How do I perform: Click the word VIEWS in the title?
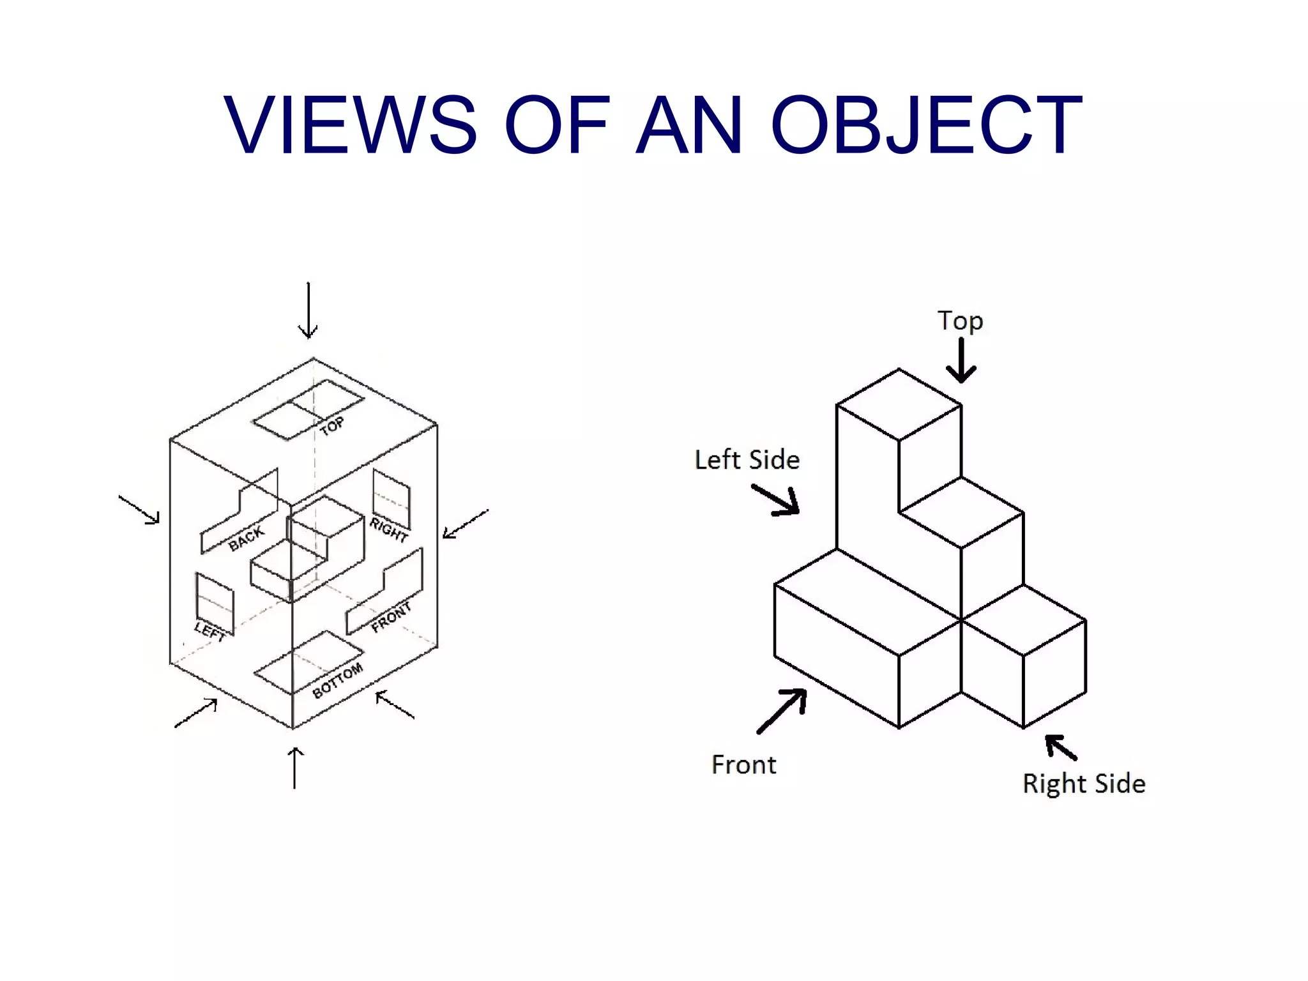pos(350,125)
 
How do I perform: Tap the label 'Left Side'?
pos(747,460)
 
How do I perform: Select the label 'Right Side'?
pos(1084,784)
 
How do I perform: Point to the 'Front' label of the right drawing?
pos(744,764)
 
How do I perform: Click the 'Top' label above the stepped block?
pos(960,321)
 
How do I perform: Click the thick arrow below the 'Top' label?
pos(961,360)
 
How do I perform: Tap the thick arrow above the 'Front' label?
pos(782,711)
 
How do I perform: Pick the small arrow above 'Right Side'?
pos(1061,747)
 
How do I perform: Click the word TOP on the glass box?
pos(332,426)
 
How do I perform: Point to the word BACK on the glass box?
pos(246,538)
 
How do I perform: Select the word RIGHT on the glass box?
pos(388,529)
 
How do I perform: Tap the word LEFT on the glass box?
pos(210,632)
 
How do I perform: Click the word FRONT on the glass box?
pos(391,617)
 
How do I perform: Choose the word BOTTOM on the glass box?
pos(337,681)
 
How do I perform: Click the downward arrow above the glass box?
pos(308,310)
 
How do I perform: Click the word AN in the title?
pos(689,125)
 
